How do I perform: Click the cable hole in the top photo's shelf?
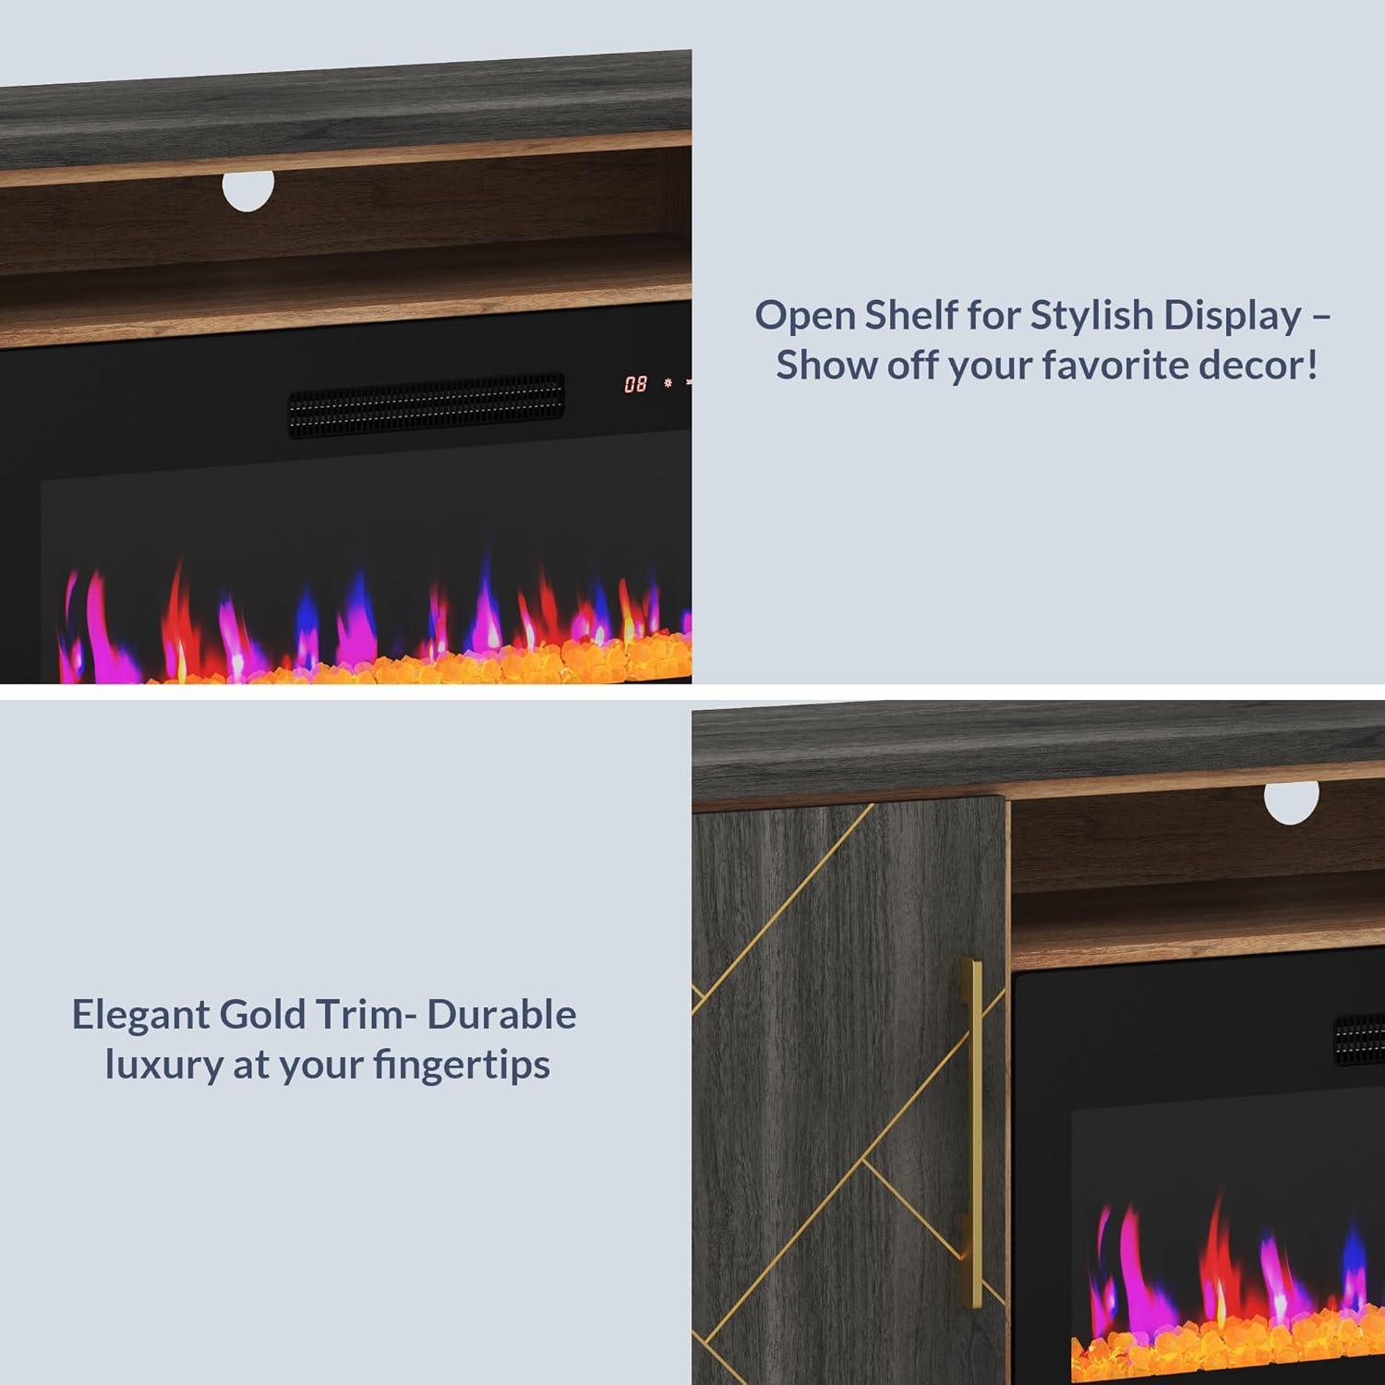pyautogui.click(x=248, y=189)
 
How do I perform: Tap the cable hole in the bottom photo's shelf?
pyautogui.click(x=1292, y=801)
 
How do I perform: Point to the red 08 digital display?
pyautogui.click(x=635, y=383)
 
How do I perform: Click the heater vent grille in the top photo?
pyautogui.click(x=426, y=404)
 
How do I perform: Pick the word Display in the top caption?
pyautogui.click(x=1232, y=317)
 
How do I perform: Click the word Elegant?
pyautogui.click(x=140, y=1016)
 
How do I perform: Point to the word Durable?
pyautogui.click(x=502, y=1015)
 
